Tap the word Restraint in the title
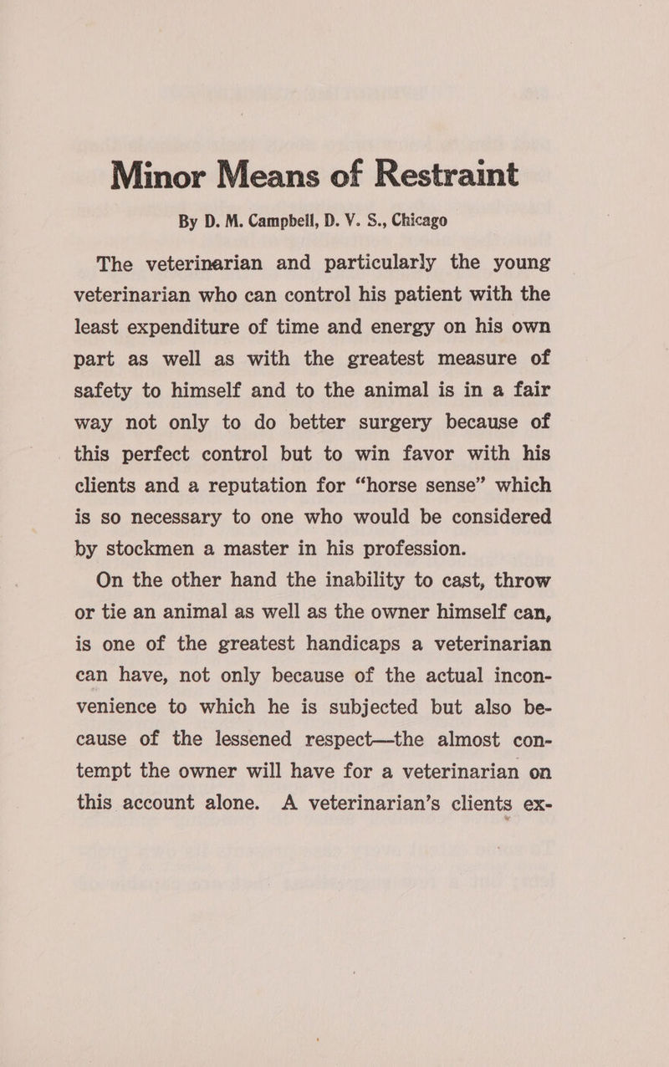pyautogui.click(x=436, y=174)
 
